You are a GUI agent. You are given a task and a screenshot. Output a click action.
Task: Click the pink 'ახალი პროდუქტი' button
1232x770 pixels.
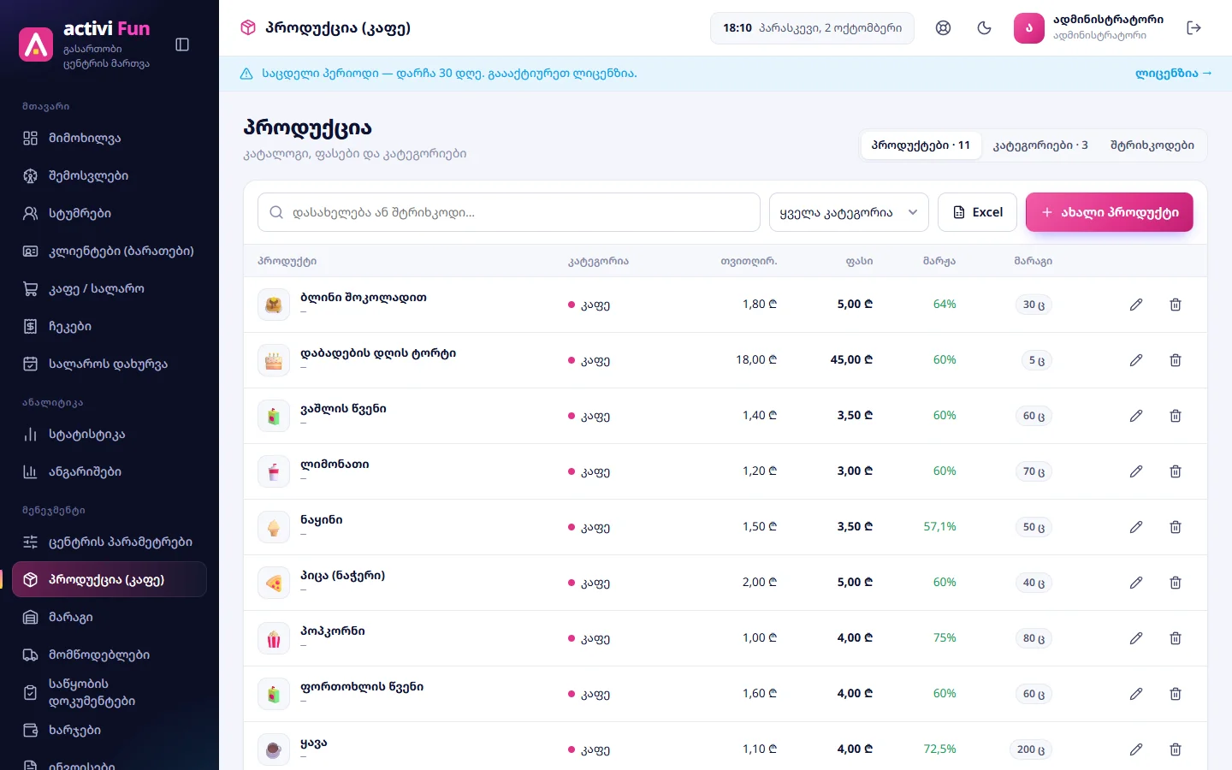[x=1109, y=212]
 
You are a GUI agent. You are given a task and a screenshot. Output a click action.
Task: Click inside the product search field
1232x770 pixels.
[x=509, y=212]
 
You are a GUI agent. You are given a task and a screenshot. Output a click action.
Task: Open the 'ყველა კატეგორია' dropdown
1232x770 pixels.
[x=849, y=212]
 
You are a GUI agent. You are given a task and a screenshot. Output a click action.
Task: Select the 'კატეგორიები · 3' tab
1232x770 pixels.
[x=1040, y=145]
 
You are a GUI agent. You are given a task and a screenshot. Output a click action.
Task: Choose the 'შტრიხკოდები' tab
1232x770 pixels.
[x=1152, y=145]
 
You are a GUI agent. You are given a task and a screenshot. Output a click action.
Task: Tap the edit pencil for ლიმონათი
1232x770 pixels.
[x=1136, y=471]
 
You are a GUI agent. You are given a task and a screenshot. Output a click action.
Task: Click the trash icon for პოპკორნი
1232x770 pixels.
[x=1176, y=638]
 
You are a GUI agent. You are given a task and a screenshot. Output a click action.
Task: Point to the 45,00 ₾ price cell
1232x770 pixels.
[x=851, y=359]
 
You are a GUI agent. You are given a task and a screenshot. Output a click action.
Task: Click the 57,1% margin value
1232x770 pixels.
[x=939, y=526]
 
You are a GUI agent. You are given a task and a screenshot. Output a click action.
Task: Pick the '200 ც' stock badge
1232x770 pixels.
[x=1031, y=749]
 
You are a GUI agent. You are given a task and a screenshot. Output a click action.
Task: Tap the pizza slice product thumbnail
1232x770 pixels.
[x=274, y=583]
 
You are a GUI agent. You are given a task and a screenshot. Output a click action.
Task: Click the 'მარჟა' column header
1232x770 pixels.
[x=939, y=261]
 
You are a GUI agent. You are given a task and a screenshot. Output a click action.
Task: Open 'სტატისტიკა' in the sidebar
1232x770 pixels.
[x=86, y=435]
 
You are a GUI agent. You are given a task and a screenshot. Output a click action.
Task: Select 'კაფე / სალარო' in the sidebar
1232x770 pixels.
[x=96, y=289]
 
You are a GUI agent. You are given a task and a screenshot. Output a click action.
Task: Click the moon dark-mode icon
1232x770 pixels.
[x=984, y=28]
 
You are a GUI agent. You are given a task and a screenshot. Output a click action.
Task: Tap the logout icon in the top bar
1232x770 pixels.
[x=1193, y=28]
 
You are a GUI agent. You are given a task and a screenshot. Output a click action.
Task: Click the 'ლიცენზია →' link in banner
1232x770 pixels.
[x=1174, y=74]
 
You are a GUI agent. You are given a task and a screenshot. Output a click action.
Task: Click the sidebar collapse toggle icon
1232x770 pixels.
[x=182, y=44]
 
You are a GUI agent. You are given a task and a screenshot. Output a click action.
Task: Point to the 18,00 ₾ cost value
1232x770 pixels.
[x=756, y=359]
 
